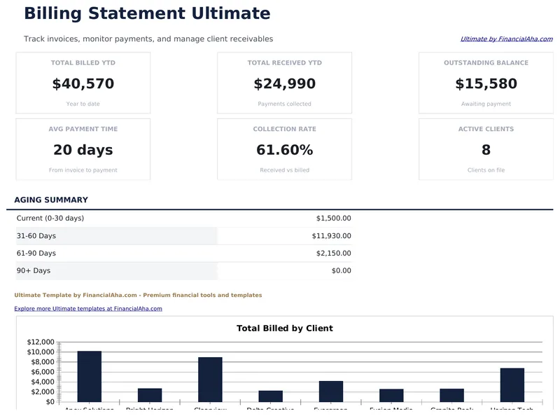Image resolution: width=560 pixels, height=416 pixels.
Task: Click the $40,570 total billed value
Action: pyautogui.click(x=83, y=84)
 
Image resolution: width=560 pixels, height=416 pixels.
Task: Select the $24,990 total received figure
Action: pyautogui.click(x=284, y=84)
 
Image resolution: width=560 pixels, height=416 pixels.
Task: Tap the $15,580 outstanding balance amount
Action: pyautogui.click(x=486, y=84)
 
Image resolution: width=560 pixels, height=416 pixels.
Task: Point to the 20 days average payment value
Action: pyautogui.click(x=83, y=150)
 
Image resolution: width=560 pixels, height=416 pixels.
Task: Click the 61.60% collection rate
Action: pyautogui.click(x=284, y=150)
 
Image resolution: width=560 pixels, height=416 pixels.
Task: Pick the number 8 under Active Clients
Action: pyautogui.click(x=486, y=150)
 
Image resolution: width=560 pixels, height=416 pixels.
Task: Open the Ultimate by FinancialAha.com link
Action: pyautogui.click(x=506, y=39)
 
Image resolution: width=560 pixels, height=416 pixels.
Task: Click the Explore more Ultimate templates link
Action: pyautogui.click(x=88, y=308)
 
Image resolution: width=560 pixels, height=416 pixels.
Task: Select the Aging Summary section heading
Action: pyautogui.click(x=51, y=200)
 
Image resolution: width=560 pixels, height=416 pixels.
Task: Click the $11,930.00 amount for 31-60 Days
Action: pyautogui.click(x=331, y=236)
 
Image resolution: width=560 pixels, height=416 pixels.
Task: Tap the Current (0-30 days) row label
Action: pyautogui.click(x=50, y=219)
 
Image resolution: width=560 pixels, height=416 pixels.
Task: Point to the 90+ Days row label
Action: pyautogui.click(x=34, y=271)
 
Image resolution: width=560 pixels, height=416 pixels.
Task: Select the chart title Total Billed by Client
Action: pyautogui.click(x=284, y=328)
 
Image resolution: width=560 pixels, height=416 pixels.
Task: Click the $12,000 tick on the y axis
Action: pyautogui.click(x=40, y=342)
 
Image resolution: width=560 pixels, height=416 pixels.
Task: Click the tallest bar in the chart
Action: pyautogui.click(x=90, y=376)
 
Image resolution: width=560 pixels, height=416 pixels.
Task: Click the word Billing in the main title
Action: pyautogui.click(x=55, y=13)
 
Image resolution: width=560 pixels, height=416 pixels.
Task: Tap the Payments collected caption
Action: pyautogui.click(x=284, y=104)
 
